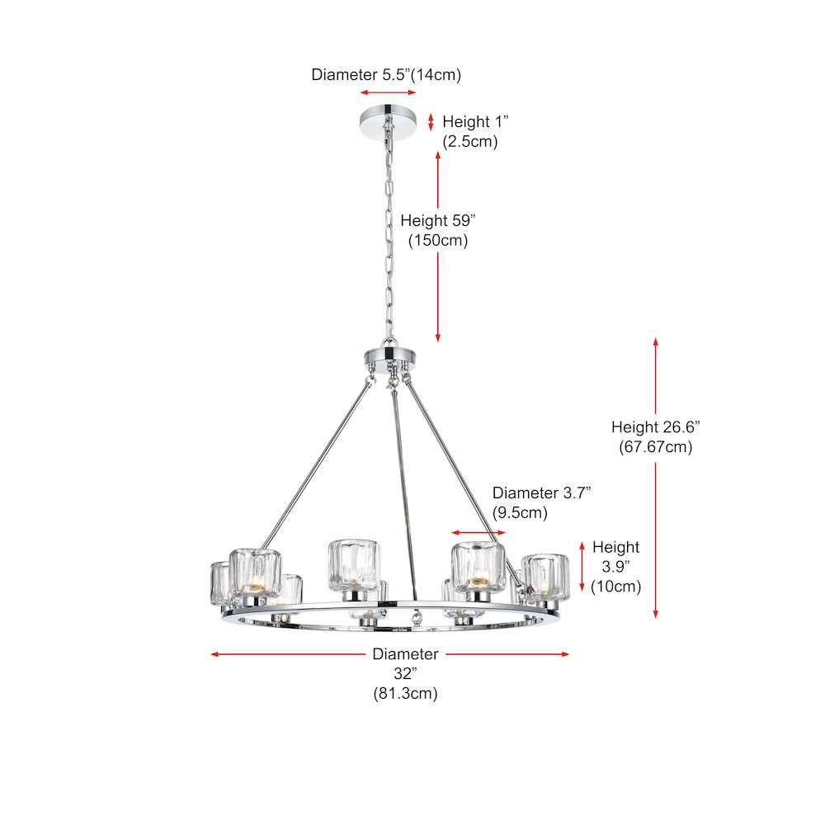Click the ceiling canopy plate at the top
point(388,123)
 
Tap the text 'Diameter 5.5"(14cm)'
point(386,75)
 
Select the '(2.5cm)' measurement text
point(470,142)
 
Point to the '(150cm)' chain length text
point(438,240)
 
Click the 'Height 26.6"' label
point(656,427)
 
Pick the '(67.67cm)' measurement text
point(656,446)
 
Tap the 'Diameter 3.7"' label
point(541,493)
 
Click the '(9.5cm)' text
point(520,512)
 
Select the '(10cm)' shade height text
point(615,586)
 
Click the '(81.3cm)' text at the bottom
point(405,694)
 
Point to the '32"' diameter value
point(405,673)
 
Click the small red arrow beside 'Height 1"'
point(431,122)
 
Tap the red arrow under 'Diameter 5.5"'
point(388,92)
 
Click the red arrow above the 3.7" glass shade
point(478,532)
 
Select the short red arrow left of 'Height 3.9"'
point(582,567)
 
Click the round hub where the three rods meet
point(390,358)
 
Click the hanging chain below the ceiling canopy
point(389,237)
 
